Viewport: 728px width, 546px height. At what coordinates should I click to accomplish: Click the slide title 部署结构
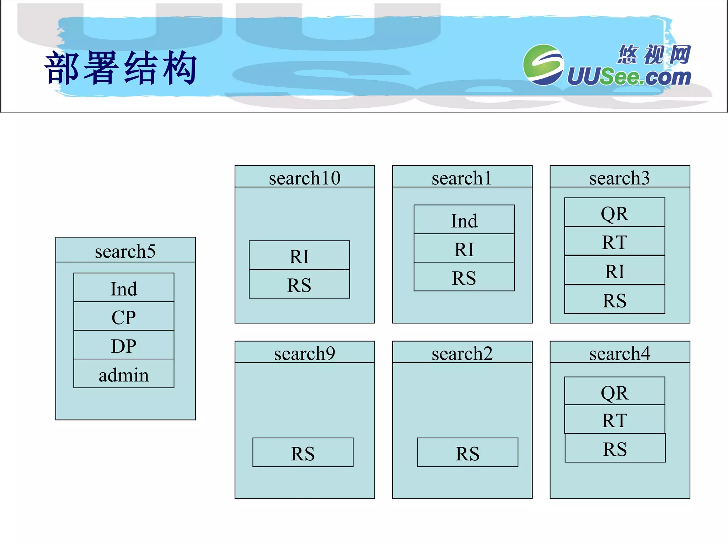121,68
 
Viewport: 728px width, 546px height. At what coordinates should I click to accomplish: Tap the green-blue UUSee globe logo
543,65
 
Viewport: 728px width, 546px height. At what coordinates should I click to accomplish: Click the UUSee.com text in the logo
628,77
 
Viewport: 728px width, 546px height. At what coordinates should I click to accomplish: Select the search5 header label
125,251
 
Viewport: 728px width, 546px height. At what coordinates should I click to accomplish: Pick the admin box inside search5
124,374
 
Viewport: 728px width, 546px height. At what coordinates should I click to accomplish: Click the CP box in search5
124,316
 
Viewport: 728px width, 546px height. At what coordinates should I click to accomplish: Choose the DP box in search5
124,345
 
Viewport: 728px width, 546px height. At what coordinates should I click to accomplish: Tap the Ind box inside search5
124,288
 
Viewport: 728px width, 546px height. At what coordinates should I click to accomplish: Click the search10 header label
305,177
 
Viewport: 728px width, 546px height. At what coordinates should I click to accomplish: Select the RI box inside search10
299,256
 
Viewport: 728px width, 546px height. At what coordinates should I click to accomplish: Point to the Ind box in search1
464,220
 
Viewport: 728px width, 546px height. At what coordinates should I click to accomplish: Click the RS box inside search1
464,277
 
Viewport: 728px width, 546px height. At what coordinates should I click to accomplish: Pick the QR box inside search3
615,213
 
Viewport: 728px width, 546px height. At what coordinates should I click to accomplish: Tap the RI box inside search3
615,271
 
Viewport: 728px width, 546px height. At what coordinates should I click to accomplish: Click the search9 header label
305,353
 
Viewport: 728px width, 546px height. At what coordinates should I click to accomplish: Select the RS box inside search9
303,453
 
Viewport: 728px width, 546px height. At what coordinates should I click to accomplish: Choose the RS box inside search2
467,453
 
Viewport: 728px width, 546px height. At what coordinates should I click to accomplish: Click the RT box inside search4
615,419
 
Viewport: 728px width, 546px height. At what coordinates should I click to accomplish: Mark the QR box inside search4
615,391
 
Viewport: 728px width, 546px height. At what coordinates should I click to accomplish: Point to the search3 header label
620,177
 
